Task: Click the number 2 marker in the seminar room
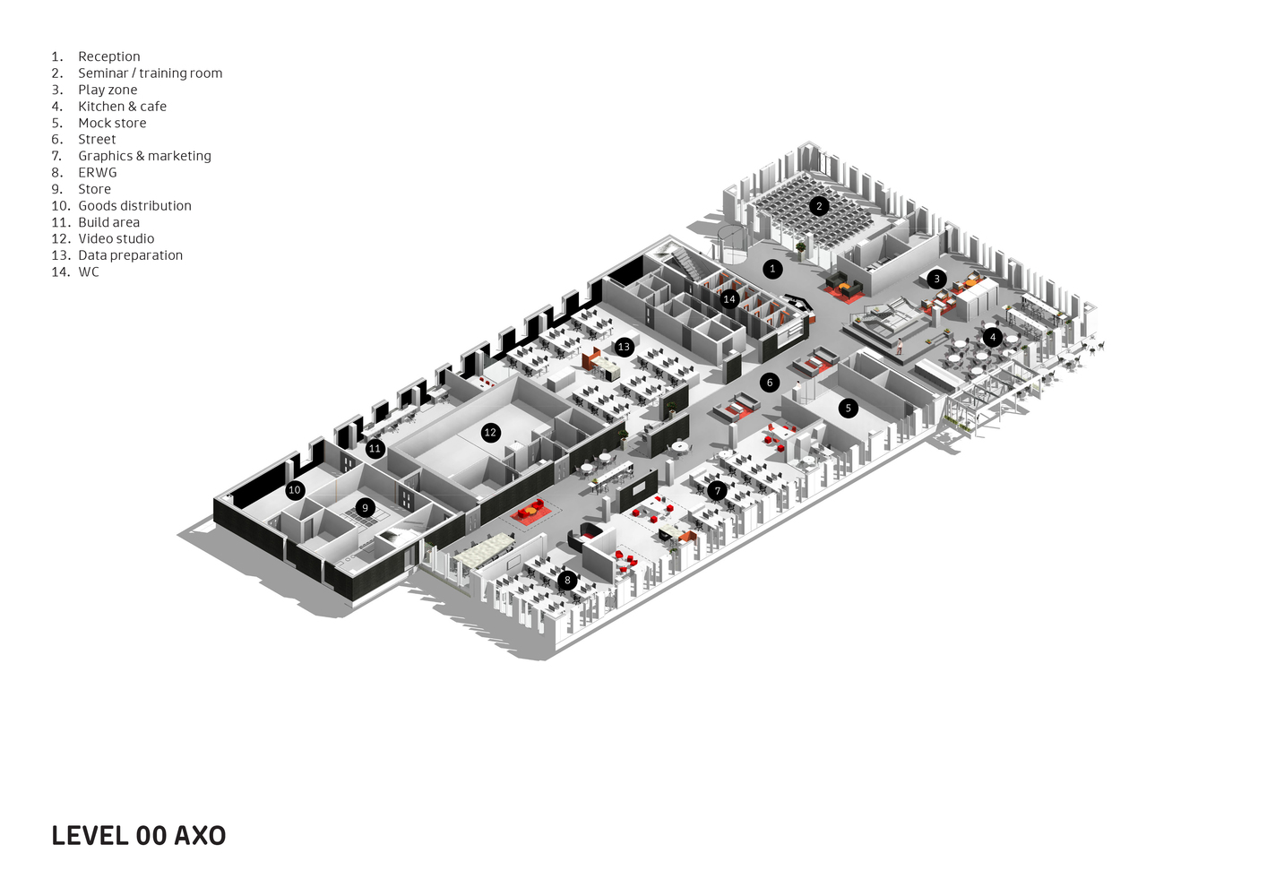point(818,206)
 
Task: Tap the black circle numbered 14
point(729,299)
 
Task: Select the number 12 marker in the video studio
point(490,433)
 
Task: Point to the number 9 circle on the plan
point(365,508)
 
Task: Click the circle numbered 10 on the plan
point(295,490)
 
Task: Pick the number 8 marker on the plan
point(567,581)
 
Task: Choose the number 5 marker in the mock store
point(849,409)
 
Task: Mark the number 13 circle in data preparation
point(625,347)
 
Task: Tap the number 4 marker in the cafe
point(992,338)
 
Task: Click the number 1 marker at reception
point(772,269)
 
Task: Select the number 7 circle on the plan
point(717,491)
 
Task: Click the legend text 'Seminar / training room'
point(150,73)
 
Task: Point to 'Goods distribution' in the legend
point(134,206)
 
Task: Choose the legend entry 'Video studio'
point(116,239)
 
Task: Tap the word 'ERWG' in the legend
point(97,173)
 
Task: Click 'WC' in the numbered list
point(89,272)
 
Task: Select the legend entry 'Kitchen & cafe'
point(122,107)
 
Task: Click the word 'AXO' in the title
point(200,836)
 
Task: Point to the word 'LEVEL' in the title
point(90,836)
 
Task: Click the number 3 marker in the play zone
point(936,279)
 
